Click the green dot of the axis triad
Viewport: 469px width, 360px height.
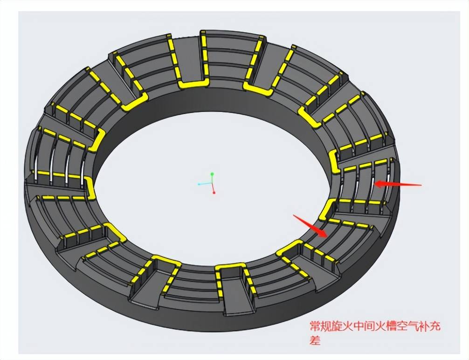[212, 174]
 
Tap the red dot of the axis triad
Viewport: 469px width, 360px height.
[214, 193]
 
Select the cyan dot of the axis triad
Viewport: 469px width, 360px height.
[199, 184]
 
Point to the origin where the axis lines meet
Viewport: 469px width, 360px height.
[212, 183]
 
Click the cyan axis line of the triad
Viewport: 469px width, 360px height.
[206, 183]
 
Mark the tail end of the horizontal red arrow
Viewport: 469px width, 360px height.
[421, 185]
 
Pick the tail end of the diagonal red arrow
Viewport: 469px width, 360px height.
[293, 215]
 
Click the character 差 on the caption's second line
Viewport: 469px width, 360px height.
[315, 340]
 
